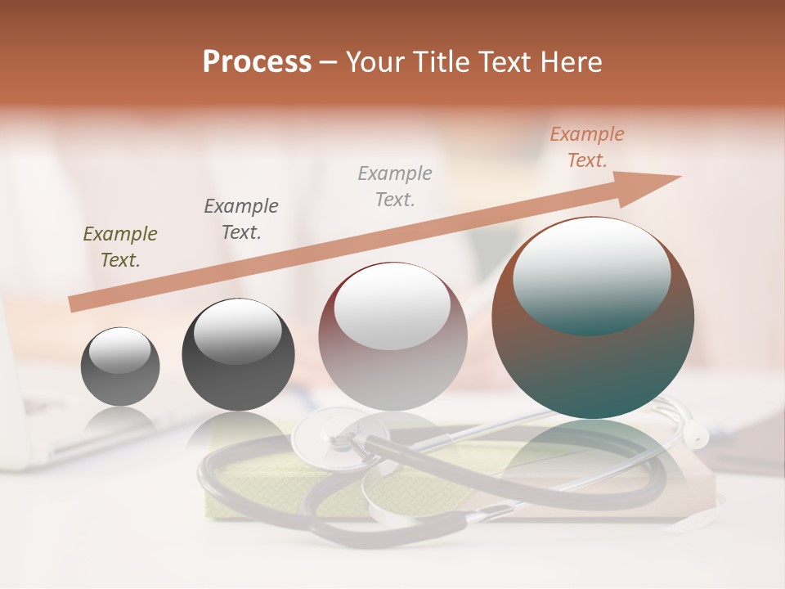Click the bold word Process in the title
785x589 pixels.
point(257,62)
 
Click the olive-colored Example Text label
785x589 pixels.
point(120,247)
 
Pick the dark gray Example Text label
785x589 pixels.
point(241,218)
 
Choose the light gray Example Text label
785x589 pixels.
point(395,186)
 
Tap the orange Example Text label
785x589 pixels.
point(587,147)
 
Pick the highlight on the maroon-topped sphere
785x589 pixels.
point(392,307)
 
